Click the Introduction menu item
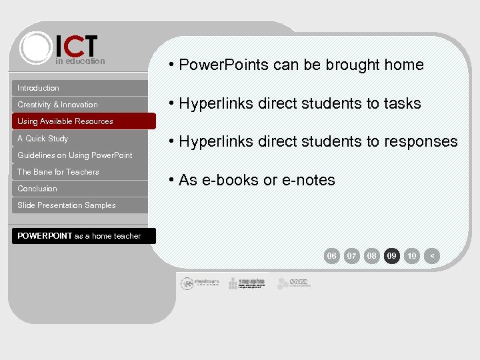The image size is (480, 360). (x=39, y=88)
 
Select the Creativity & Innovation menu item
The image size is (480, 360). (x=57, y=105)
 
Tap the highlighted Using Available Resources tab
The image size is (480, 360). (x=65, y=121)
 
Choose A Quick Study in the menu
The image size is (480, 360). (x=43, y=139)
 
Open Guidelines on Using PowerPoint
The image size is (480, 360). (x=75, y=155)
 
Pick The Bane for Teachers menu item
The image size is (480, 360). (x=58, y=172)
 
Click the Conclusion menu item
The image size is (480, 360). (x=37, y=189)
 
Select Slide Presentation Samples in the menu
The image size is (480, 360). (x=67, y=205)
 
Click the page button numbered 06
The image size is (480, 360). (x=331, y=255)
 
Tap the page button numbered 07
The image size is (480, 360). (x=352, y=255)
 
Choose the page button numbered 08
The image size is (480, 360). (x=372, y=255)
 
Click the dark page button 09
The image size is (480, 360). (x=392, y=255)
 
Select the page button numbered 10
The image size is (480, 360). (x=412, y=255)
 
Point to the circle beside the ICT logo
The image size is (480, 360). (x=35, y=47)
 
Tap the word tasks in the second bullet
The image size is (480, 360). (x=402, y=103)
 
